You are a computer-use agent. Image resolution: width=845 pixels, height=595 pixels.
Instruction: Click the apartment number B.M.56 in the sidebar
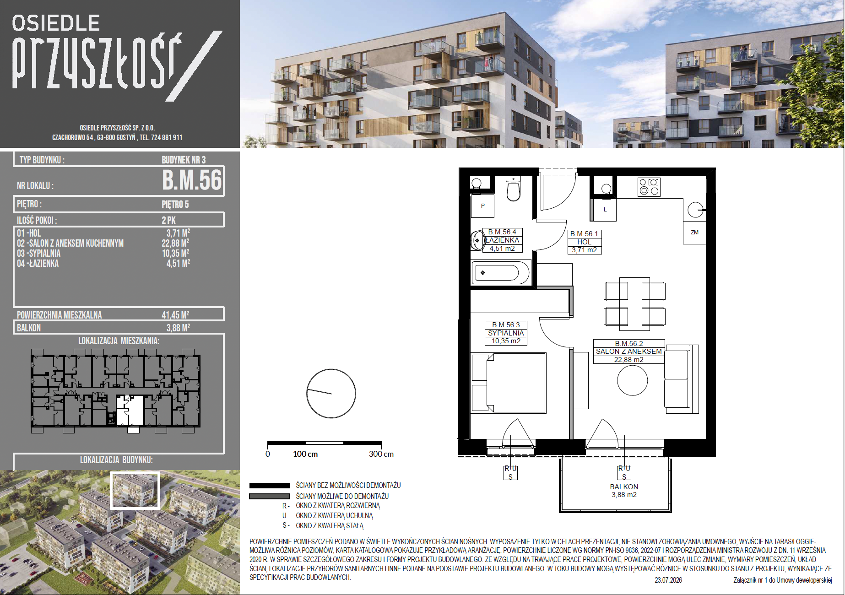point(192,180)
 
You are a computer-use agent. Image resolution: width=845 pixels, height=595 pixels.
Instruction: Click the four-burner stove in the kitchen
point(649,186)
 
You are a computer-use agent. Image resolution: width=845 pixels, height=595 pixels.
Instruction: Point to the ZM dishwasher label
point(694,233)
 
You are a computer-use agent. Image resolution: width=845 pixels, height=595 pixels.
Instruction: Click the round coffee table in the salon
point(633,380)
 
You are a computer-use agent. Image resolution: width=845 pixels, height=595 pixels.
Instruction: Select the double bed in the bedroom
point(509,383)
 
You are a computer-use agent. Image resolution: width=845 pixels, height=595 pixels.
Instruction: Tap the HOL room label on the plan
point(584,242)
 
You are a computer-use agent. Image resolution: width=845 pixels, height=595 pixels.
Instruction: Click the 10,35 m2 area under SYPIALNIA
point(506,341)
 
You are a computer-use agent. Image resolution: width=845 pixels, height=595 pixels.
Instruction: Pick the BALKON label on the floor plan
point(624,487)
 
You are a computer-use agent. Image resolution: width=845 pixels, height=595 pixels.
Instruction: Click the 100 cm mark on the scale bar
point(305,454)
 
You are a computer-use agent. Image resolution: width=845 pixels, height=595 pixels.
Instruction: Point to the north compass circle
point(331,394)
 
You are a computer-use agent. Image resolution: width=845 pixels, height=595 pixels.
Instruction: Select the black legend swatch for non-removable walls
point(270,486)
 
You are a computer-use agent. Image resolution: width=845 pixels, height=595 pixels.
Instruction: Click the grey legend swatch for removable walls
point(270,496)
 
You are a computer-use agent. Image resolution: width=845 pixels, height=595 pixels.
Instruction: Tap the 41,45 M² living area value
point(175,315)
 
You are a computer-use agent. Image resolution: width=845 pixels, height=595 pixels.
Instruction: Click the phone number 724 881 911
point(167,137)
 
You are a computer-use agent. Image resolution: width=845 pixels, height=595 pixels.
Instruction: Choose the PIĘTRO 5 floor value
point(175,204)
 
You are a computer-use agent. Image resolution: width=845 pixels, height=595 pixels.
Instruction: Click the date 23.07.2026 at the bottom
point(668,580)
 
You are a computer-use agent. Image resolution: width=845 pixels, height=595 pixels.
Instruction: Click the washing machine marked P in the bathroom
point(482,206)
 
